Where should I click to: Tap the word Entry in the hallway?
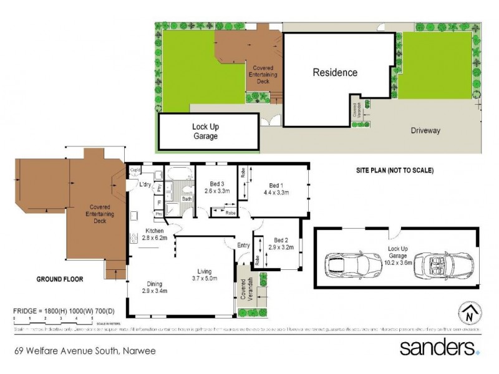[243, 246]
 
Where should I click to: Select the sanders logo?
[440, 347]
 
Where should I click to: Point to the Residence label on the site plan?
[335, 72]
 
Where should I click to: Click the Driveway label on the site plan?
[425, 130]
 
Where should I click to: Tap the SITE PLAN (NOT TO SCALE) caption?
[394, 170]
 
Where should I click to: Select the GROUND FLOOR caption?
[61, 279]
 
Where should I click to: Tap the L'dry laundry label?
[145, 184]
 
